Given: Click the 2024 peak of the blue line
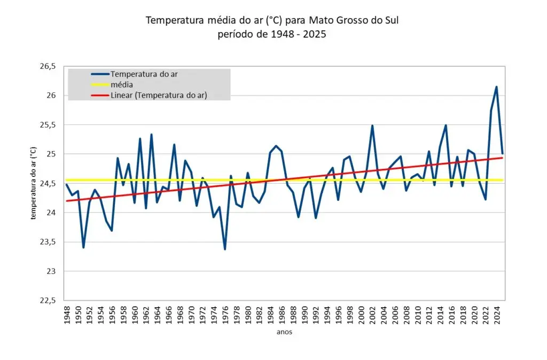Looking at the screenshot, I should pos(496,87).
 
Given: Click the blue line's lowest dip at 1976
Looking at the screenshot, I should pos(225,249).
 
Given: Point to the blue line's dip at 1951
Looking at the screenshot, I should pos(83,247).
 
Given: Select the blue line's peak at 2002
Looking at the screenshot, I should pos(372,126).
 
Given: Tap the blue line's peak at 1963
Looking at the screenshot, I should pos(151,135).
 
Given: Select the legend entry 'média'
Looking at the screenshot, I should pos(122,84).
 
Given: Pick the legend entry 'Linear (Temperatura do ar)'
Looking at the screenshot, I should pos(159,95).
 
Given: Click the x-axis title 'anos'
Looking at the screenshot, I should pos(284,332).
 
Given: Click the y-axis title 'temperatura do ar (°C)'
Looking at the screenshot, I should pos(33,183).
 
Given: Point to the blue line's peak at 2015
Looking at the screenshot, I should pos(446,126).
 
